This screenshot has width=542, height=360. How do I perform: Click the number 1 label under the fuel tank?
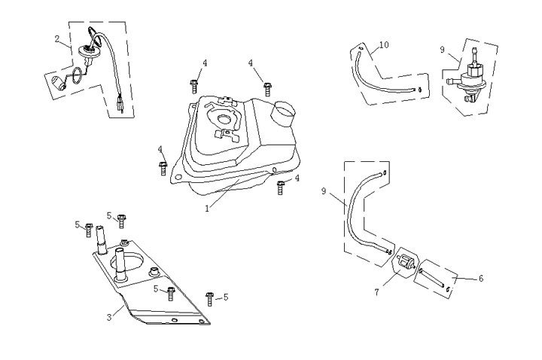[207, 209]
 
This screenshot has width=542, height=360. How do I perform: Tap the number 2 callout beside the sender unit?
[58, 38]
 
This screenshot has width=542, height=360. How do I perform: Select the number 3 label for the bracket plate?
[109, 317]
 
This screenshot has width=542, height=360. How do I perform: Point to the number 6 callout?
[481, 278]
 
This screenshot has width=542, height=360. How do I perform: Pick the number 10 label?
[384, 45]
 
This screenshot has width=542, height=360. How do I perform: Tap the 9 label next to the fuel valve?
[443, 50]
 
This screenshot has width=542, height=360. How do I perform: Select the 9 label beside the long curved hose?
[324, 191]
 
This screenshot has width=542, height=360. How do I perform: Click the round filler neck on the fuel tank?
[284, 115]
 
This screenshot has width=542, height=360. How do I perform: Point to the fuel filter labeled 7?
[404, 264]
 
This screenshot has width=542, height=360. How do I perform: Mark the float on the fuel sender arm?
[57, 83]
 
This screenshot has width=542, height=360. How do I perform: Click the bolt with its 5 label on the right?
[210, 298]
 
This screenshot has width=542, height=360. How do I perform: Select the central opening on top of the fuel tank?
[225, 120]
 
